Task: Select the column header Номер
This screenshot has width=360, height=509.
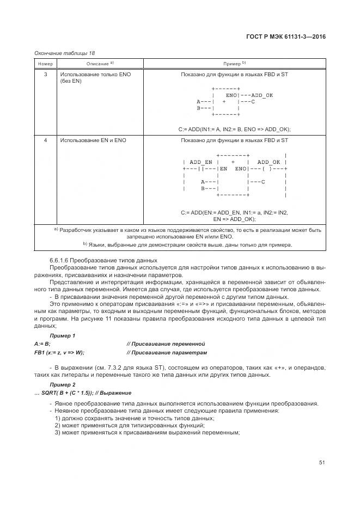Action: [45, 64]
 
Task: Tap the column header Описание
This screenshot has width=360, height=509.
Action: [100, 64]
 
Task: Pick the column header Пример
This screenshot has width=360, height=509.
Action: [235, 64]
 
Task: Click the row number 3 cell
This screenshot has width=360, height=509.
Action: [45, 73]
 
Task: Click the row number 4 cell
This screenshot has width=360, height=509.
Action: [45, 140]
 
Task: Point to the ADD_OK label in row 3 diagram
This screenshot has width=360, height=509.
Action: [262, 95]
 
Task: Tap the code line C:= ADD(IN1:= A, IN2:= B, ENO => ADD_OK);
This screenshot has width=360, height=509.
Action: [235, 129]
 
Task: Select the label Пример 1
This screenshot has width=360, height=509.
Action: [63, 335]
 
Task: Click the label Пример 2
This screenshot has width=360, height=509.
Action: [63, 384]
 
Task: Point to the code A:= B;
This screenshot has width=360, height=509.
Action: [42, 344]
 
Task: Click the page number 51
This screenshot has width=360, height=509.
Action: [322, 463]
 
